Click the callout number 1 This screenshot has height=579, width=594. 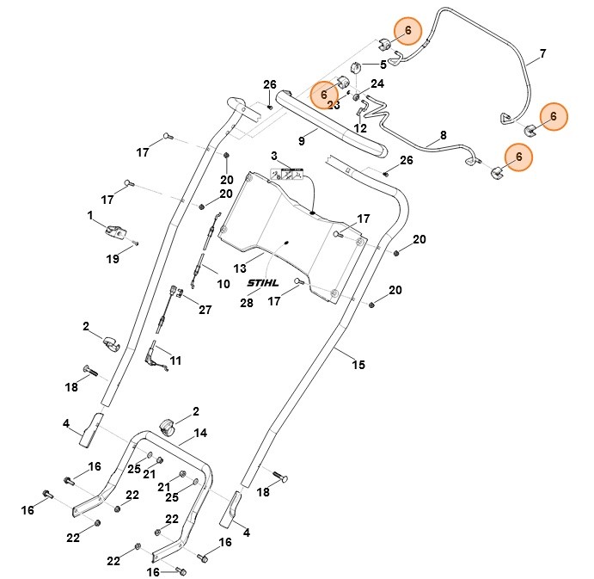pyautogui.click(x=89, y=213)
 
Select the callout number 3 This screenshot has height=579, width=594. pyautogui.click(x=274, y=156)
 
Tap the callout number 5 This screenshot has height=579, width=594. pyautogui.click(x=383, y=65)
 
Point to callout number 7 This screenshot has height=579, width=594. pyautogui.click(x=542, y=54)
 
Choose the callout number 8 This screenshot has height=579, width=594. pyautogui.click(x=444, y=135)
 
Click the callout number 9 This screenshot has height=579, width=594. pyautogui.click(x=302, y=140)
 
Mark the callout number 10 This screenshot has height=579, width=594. pyautogui.click(x=223, y=284)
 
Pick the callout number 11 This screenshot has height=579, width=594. pyautogui.click(x=175, y=360)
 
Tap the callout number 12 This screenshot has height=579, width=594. pyautogui.click(x=360, y=128)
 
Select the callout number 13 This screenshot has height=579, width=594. pyautogui.click(x=240, y=268)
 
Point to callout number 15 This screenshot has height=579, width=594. pyautogui.click(x=358, y=365)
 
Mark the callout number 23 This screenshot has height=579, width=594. pyautogui.click(x=334, y=105)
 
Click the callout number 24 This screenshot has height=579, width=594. pyautogui.click(x=377, y=83)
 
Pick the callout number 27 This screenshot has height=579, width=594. pyautogui.click(x=205, y=310)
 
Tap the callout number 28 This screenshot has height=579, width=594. pyautogui.click(x=248, y=303)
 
